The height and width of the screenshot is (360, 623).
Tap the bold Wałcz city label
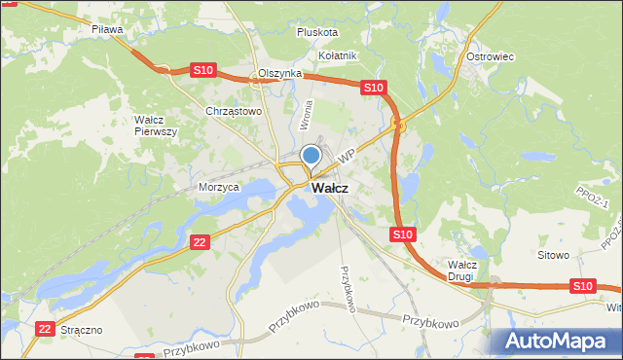click(x=330, y=188)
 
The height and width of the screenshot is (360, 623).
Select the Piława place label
click(x=107, y=30)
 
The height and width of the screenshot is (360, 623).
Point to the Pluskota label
click(x=317, y=32)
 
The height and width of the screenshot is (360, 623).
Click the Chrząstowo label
click(x=234, y=112)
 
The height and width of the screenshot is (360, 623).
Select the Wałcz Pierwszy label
click(x=155, y=126)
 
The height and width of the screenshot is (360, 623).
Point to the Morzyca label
click(x=218, y=187)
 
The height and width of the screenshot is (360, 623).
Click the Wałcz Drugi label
click(x=460, y=270)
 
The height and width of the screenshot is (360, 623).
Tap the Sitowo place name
click(x=553, y=255)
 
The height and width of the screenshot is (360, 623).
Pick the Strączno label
click(x=81, y=331)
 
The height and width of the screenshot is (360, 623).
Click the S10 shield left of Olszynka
click(x=202, y=70)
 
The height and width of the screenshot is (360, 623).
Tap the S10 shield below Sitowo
click(x=582, y=285)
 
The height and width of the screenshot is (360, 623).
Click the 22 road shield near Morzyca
click(x=200, y=242)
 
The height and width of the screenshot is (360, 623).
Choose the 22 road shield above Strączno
click(x=43, y=330)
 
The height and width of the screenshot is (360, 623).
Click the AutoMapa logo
click(x=559, y=341)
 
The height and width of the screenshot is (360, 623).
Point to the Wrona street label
click(x=307, y=115)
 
